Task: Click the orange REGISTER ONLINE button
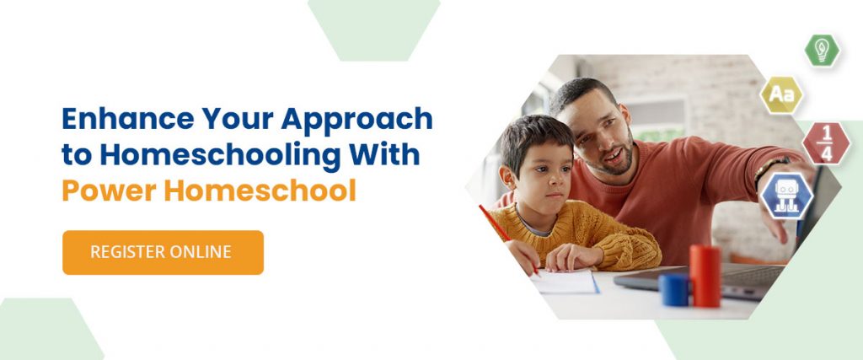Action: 163,252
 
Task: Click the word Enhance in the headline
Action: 128,119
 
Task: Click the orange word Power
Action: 109,191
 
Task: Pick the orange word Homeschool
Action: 260,190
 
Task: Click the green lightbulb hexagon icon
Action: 822,51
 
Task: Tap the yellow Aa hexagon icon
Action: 781,95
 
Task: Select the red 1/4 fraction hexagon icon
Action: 826,143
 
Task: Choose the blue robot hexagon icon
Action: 786,196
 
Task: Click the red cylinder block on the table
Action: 705,276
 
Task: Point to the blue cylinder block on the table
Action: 673,289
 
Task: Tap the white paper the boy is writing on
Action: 564,282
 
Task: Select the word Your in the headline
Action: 238,119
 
